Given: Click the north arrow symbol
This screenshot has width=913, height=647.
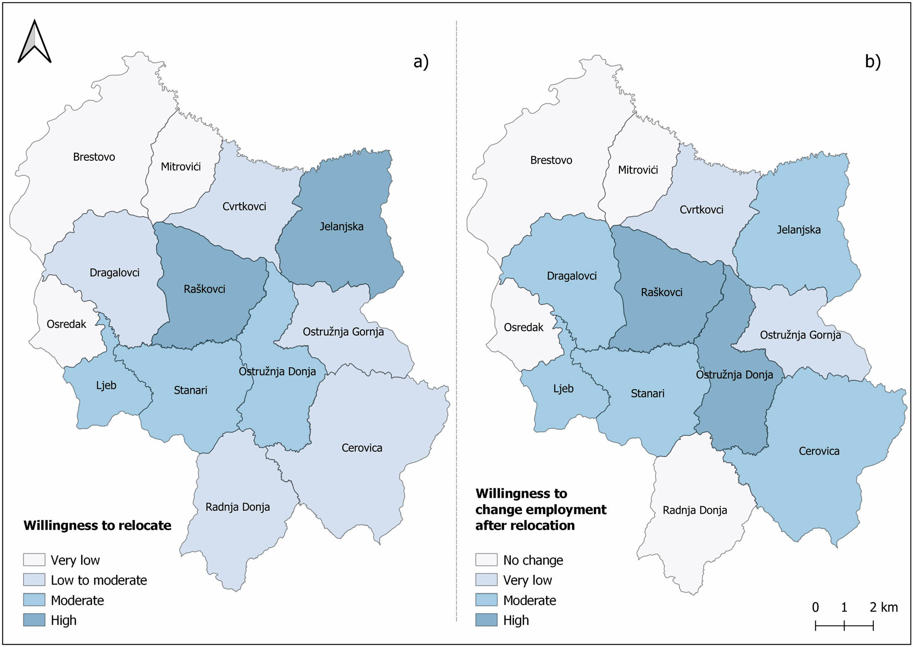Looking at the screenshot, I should point(35,42).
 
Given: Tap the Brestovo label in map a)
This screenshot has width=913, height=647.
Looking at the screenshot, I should point(94,157).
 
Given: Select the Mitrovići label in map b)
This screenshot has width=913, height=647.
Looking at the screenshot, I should point(638,170).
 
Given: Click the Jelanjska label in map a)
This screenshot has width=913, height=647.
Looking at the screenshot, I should point(341,227).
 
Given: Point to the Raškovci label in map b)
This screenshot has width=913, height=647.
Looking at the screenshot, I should point(661,292).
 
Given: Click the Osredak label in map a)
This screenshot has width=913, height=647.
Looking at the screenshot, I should point(66,324).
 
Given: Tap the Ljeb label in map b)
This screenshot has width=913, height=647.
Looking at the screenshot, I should point(563,389).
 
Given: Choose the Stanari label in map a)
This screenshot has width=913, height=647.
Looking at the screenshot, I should point(190,390).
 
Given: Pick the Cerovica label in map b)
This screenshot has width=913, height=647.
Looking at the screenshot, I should point(819,451).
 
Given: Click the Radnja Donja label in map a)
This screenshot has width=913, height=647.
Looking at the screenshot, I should point(237,507).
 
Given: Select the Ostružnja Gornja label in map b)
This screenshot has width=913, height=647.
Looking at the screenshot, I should point(800,335).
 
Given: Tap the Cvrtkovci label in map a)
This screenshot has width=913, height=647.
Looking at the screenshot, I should point(244,207).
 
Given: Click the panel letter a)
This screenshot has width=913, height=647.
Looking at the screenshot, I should point(421,62).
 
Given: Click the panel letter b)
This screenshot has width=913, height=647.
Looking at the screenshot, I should point(872,62).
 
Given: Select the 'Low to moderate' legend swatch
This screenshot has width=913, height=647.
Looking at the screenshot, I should point(34,580).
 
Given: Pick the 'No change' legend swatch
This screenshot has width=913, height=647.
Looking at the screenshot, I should point(486,560).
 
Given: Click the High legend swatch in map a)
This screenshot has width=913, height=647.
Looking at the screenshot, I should point(34,620).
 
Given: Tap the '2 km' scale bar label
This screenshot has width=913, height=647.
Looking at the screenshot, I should point(883,607).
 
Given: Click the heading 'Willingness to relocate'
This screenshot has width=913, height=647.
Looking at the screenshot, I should point(97,525).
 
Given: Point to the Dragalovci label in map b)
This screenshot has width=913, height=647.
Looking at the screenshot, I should point(572,276).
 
